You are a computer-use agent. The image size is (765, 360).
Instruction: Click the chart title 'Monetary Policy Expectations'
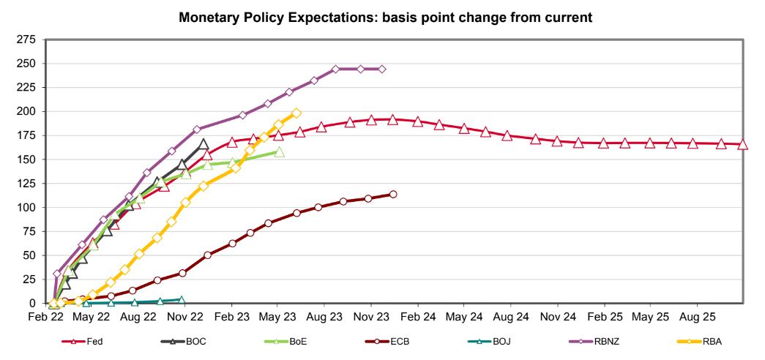click(x=386, y=17)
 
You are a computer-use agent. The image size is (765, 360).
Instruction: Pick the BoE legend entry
click(x=285, y=341)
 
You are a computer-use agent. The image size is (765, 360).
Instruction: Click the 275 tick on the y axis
click(x=27, y=39)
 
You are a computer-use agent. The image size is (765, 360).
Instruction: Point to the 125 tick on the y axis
click(x=27, y=183)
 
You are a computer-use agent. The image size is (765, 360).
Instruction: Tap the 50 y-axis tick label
click(x=30, y=255)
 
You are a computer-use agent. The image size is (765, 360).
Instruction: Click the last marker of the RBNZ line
click(x=382, y=69)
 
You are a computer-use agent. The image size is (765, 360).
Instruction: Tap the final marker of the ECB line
click(x=393, y=194)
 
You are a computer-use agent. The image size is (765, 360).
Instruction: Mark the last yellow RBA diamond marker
click(x=296, y=113)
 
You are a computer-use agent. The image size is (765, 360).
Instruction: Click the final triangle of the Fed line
click(x=743, y=145)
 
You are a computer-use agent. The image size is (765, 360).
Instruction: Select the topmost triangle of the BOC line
click(x=204, y=143)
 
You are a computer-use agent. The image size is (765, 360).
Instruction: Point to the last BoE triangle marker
click(x=279, y=152)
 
